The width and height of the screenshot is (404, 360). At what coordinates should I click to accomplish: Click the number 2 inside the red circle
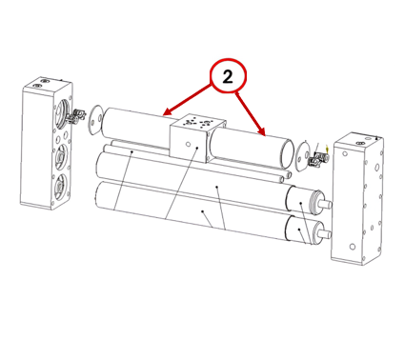228,77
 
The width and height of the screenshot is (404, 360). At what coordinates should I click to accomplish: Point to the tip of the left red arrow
163,114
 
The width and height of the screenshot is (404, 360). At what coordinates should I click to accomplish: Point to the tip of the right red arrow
264,135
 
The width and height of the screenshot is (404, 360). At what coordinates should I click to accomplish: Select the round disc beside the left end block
95,120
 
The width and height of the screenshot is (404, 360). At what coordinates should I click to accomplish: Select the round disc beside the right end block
302,155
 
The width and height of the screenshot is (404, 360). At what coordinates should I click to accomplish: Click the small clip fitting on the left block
77,116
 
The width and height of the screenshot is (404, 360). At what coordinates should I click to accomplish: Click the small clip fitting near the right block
317,158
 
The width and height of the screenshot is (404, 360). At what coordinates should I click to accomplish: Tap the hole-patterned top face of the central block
198,123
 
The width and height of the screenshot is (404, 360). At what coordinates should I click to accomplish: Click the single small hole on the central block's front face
189,145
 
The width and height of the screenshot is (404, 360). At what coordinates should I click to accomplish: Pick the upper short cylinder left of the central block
136,127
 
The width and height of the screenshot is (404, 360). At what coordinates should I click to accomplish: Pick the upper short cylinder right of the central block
251,148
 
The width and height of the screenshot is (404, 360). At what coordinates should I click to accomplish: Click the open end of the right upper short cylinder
287,154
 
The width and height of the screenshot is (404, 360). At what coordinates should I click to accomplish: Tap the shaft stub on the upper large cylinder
326,204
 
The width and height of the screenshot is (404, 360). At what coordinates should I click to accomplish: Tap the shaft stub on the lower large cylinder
325,234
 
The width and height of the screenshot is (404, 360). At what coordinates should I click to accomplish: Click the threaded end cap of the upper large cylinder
316,202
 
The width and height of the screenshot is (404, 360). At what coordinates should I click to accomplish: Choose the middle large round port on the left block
61,155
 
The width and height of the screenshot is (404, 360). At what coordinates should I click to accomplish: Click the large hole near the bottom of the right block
352,247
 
